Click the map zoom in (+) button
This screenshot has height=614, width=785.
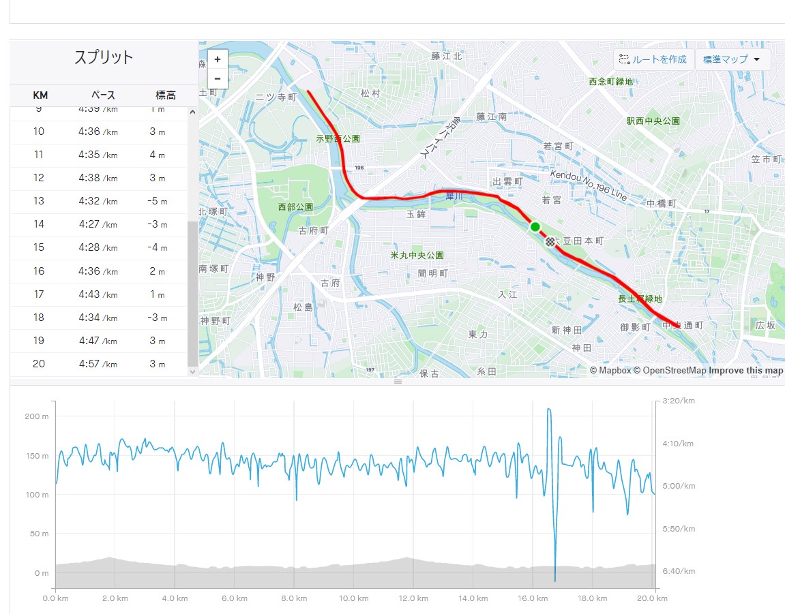pos(217,59)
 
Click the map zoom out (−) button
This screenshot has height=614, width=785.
pos(217,78)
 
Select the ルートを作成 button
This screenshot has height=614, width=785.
pos(653,59)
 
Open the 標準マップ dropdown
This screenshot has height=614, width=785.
pos(732,59)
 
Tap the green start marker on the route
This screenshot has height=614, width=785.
pos(535,226)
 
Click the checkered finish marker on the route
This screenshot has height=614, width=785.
pos(550,241)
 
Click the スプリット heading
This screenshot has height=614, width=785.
pos(104,57)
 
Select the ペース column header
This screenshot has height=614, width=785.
pos(104,95)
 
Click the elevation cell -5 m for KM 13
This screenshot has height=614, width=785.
pos(158,202)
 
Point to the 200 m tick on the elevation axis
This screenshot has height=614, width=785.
pos(36,416)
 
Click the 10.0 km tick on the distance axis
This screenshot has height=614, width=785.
pos(353,598)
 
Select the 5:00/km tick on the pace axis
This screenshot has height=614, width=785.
pos(677,486)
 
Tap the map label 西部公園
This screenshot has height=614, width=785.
pos(295,207)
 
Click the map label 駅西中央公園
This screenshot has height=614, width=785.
pos(653,121)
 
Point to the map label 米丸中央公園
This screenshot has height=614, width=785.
pos(417,256)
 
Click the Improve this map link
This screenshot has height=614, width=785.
pos(745,371)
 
